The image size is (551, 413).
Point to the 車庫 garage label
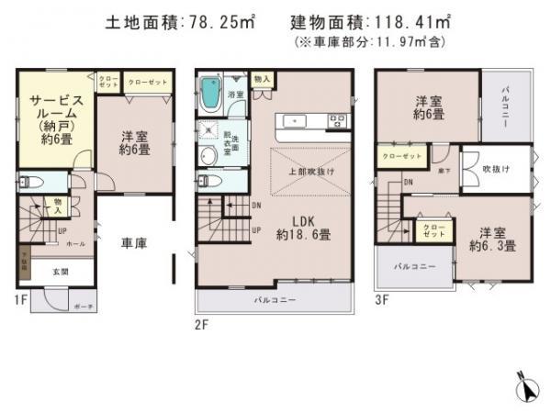(137, 243)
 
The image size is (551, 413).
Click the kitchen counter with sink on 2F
(313, 120)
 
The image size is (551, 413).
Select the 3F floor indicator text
(383, 298)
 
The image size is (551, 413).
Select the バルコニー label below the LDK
(275, 300)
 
